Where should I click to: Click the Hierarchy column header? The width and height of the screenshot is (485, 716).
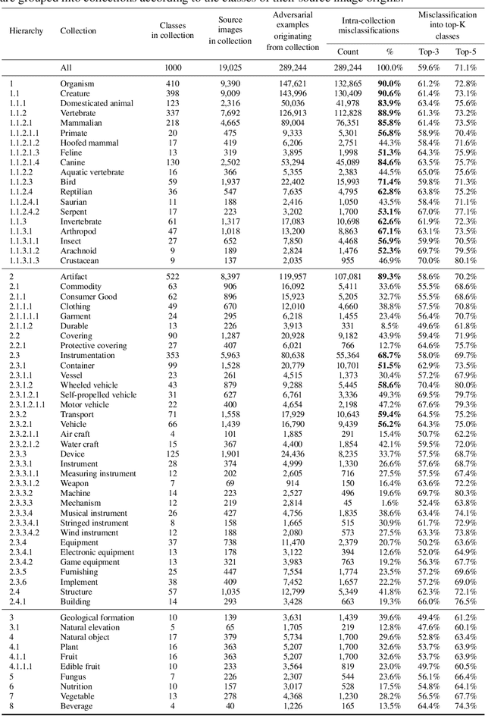pos(27,30)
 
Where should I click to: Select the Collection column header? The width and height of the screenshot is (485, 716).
pos(77,30)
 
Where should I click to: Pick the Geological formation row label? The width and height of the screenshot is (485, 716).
pos(96,618)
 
